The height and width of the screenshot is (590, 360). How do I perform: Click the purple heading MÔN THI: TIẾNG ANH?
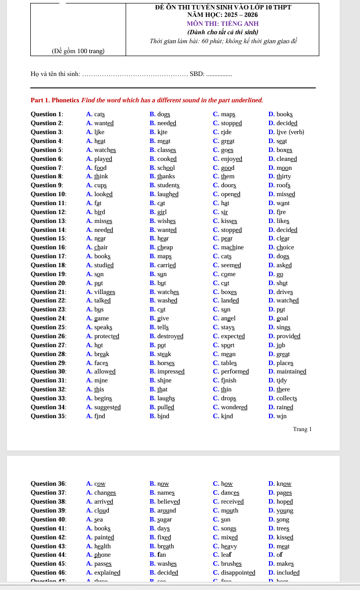point(222,23)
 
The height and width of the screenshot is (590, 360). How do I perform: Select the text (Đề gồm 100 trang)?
point(78,51)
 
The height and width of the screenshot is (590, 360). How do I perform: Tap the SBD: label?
point(197,74)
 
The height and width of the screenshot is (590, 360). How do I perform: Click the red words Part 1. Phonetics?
point(55,100)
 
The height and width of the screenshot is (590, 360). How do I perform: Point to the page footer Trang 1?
point(302,429)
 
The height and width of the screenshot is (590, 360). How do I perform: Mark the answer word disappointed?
point(238,573)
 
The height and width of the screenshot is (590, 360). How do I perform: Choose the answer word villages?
point(105,292)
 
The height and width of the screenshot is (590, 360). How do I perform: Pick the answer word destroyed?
point(170,336)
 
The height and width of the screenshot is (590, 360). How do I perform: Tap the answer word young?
point(285,511)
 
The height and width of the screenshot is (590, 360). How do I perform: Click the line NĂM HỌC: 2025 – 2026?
point(222,15)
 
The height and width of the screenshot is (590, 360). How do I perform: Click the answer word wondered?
point(234,407)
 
